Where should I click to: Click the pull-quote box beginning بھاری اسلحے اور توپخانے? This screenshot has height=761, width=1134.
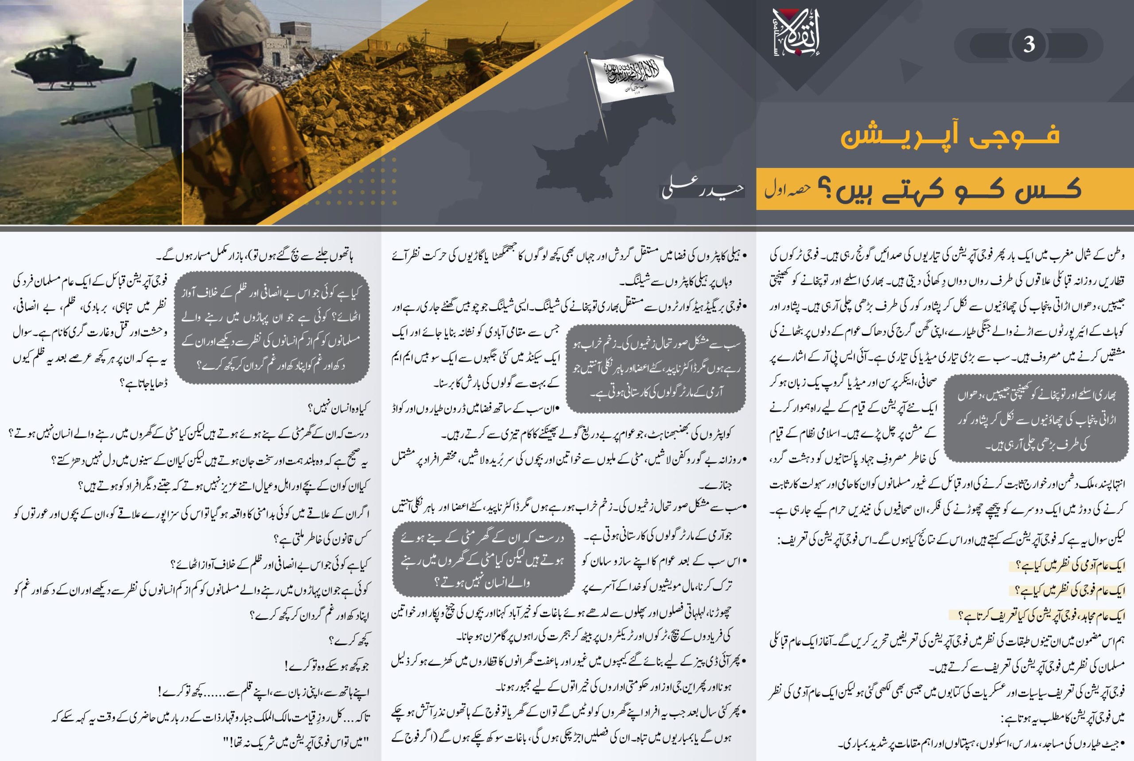click(x=1036, y=418)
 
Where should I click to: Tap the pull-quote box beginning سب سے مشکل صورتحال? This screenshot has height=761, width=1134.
click(x=656, y=369)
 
